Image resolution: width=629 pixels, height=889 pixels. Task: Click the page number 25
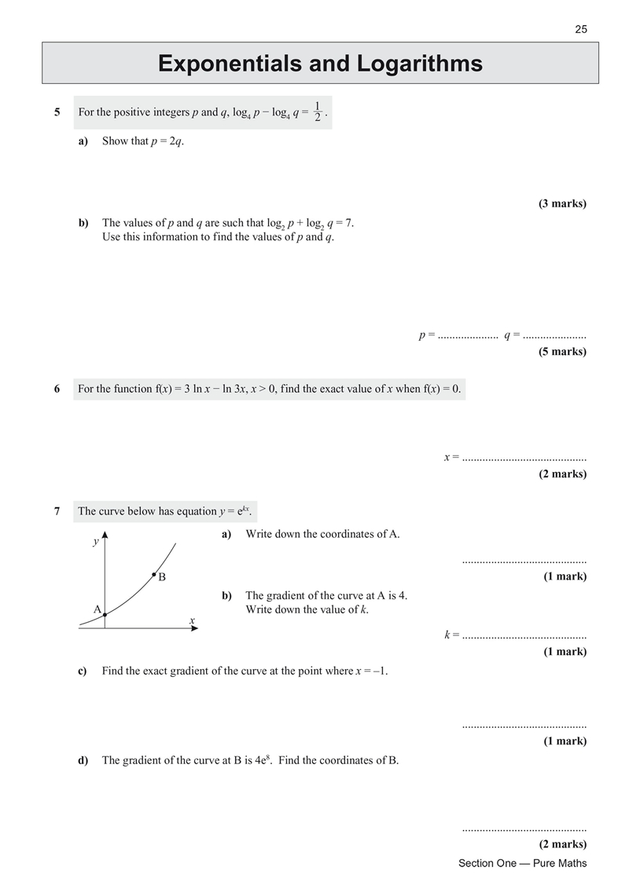pyautogui.click(x=580, y=30)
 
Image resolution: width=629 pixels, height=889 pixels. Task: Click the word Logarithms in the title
pyautogui.click(x=403, y=64)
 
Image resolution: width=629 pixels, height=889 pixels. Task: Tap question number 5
pyautogui.click(x=57, y=112)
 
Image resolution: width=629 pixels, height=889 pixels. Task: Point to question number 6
pyautogui.click(x=57, y=389)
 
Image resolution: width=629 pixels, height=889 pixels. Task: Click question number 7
pyautogui.click(x=57, y=511)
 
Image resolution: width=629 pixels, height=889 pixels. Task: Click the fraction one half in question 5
pyautogui.click(x=316, y=112)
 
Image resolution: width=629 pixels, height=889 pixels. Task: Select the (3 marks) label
pyautogui.click(x=562, y=204)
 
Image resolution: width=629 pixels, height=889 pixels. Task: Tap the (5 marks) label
pyautogui.click(x=562, y=351)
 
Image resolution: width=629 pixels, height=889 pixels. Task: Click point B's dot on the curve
pyautogui.click(x=154, y=576)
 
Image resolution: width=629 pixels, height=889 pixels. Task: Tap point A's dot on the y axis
pyautogui.click(x=105, y=616)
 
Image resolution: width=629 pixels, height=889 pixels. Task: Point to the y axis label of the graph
pyautogui.click(x=96, y=542)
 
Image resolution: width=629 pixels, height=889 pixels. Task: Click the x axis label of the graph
pyautogui.click(x=192, y=620)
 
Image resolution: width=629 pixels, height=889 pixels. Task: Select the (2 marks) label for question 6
pyautogui.click(x=562, y=474)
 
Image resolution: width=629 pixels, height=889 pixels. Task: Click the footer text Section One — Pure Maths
pyautogui.click(x=522, y=863)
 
